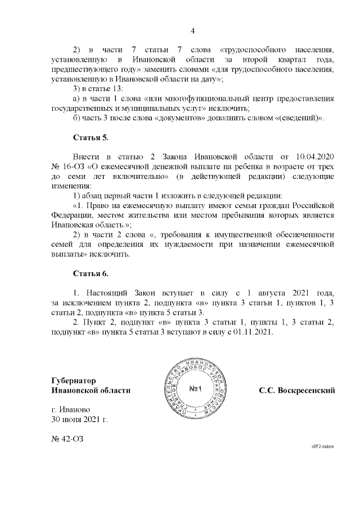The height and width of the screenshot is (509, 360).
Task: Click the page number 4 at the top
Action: click(x=192, y=30)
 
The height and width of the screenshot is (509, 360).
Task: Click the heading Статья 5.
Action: click(x=91, y=137)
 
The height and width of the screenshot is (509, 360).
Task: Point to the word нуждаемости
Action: click(x=202, y=244)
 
